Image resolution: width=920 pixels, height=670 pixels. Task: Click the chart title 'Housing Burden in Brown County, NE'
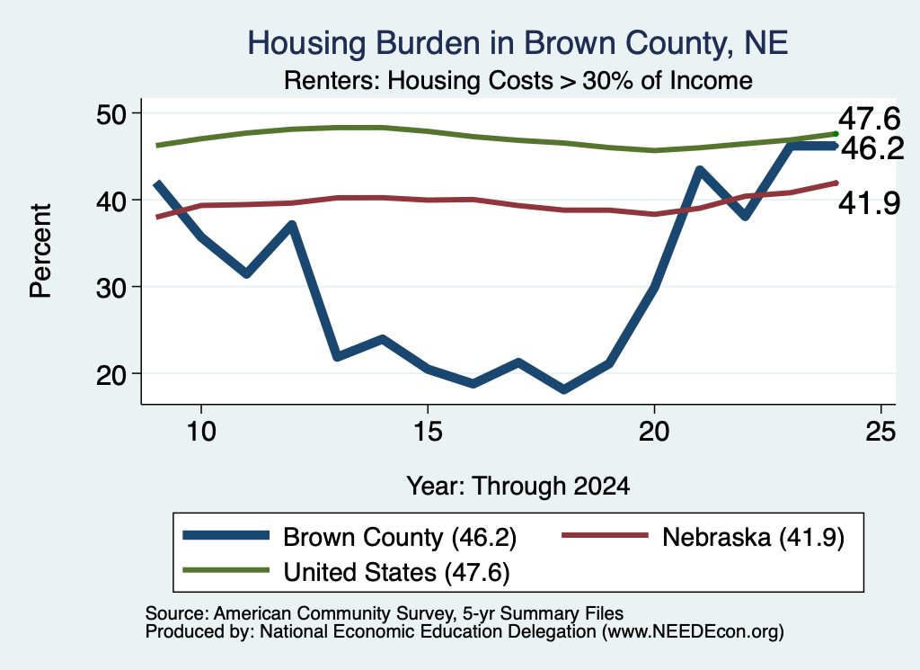click(517, 43)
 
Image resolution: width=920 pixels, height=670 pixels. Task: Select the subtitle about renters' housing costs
click(518, 80)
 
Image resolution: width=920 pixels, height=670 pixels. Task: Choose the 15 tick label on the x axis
click(428, 432)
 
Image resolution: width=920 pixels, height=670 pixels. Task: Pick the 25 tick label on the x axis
click(880, 432)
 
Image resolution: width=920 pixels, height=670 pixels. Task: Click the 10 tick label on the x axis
click(201, 432)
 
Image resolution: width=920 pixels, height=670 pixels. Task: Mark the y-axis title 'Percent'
click(40, 251)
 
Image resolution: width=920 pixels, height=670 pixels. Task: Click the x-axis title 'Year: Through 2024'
click(518, 487)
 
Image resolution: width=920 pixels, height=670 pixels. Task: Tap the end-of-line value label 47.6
click(869, 119)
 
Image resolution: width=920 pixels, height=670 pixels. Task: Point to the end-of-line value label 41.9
click(869, 203)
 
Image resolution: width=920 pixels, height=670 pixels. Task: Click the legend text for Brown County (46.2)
click(400, 537)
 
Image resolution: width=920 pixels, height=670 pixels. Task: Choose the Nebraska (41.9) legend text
click(754, 537)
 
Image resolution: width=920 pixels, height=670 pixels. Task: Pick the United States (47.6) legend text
click(396, 573)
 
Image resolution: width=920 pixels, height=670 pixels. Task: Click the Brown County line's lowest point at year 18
click(564, 389)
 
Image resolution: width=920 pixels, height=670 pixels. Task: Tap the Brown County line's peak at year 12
click(292, 224)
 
